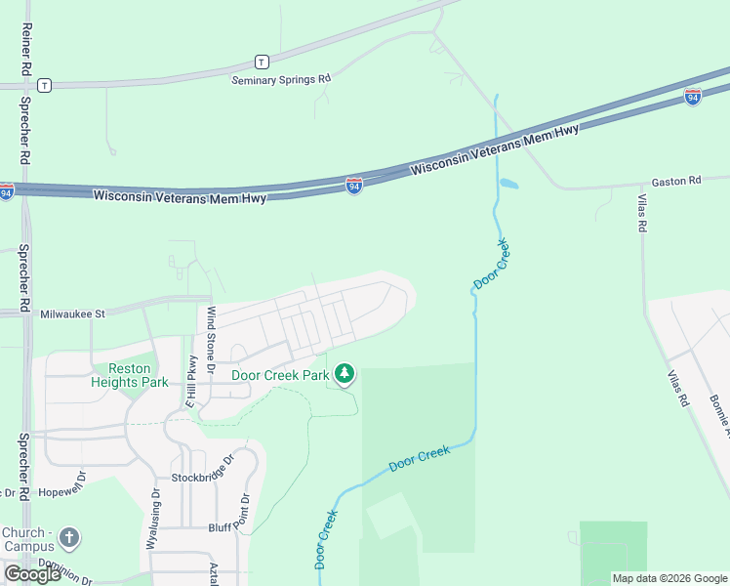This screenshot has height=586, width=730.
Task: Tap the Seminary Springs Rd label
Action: point(281,79)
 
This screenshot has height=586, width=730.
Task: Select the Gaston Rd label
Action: point(676,181)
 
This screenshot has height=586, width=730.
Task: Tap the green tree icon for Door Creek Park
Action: point(344,374)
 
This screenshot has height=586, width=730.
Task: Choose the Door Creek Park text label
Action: point(280,374)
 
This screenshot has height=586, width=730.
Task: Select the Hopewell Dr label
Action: point(61,493)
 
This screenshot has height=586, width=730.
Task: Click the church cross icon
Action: point(68,537)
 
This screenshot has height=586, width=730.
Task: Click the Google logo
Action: point(32,573)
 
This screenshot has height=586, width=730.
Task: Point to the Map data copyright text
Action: point(669,578)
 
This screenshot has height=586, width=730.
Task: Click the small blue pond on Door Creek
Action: point(507,183)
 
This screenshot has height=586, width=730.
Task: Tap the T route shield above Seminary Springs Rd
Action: point(262,61)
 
